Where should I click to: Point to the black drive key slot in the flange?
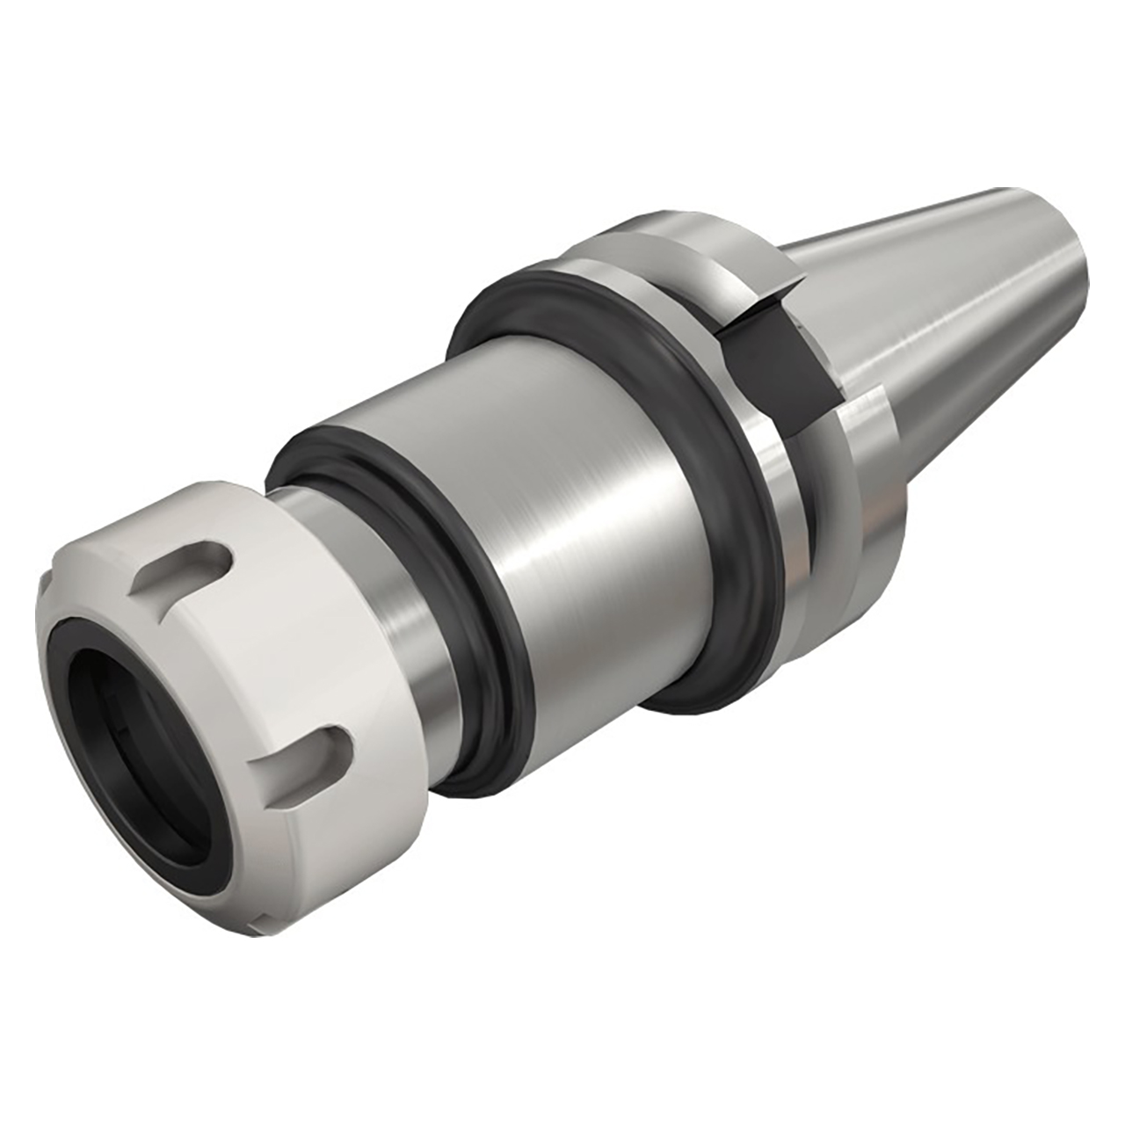773,352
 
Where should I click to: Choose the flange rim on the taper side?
870,492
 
